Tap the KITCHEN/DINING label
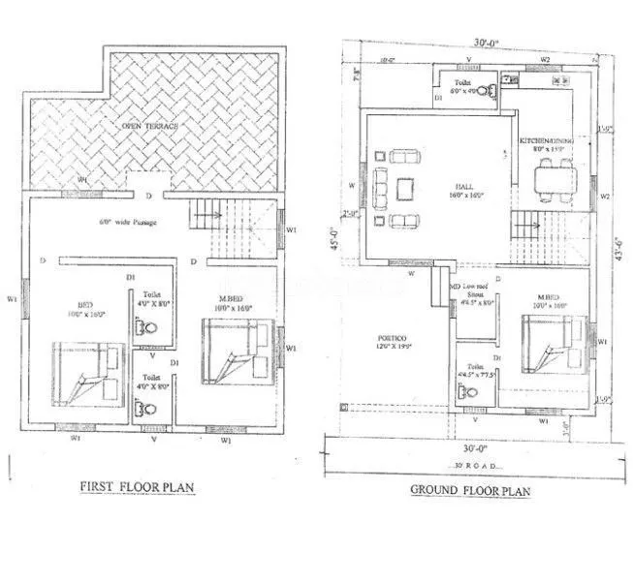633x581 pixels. [x=547, y=142]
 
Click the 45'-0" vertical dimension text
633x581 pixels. [x=332, y=237]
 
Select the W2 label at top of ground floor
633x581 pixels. [x=545, y=59]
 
